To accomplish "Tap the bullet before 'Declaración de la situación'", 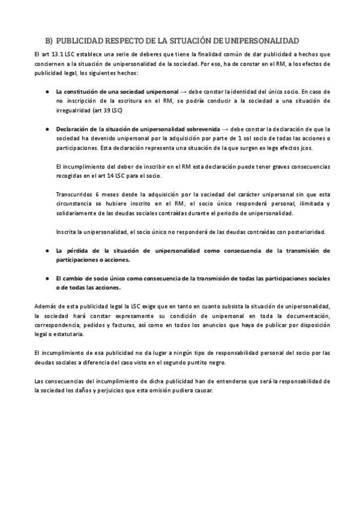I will (x=47, y=129).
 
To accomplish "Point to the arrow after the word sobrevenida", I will (x=225, y=129).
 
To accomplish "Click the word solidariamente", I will (x=76, y=214).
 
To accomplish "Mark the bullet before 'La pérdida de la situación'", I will (x=47, y=250).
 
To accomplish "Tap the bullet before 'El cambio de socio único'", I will (x=47, y=279).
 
